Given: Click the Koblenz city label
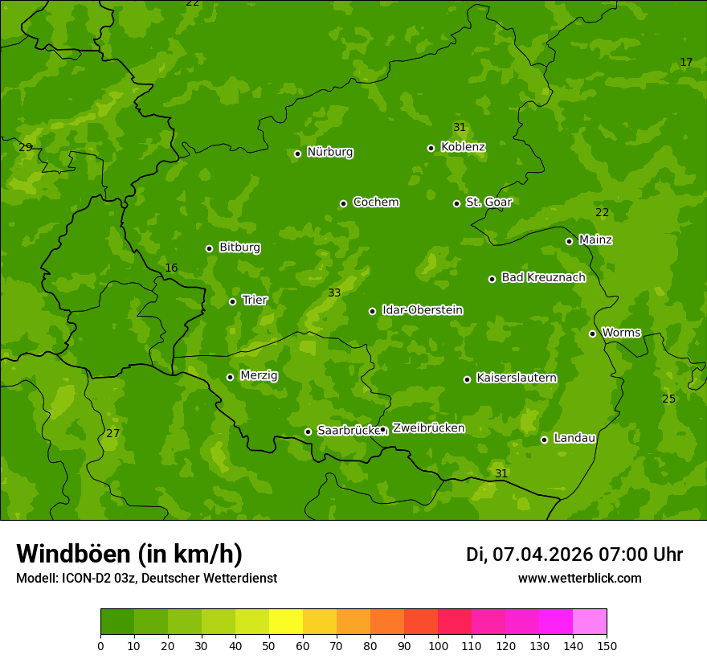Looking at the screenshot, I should (463, 147).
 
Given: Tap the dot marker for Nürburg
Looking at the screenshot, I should (297, 153).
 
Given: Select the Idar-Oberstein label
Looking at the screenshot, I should (422, 310).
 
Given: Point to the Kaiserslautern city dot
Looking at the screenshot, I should (467, 379).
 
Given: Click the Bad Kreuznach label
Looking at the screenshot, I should (543, 277).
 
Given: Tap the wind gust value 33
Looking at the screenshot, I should (334, 293).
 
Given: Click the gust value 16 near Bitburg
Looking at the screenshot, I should (171, 268).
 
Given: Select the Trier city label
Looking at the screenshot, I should (255, 300).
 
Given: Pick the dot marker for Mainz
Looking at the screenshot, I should (569, 241).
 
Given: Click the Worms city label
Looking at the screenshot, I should (621, 333).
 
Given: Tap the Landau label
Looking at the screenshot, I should (574, 438).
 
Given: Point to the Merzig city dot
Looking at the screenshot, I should (230, 377).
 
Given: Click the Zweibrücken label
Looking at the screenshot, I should (428, 428).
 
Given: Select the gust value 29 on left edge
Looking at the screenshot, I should (26, 147).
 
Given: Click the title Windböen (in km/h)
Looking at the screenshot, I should (129, 554).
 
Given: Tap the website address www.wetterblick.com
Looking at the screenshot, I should (579, 579).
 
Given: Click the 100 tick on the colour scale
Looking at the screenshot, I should (438, 645).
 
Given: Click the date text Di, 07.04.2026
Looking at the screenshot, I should (529, 554).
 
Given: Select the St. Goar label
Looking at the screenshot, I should (488, 202).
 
